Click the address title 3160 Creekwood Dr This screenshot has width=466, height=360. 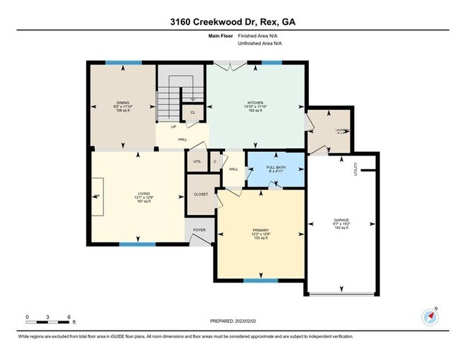coord(233,22)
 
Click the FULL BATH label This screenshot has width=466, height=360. coord(275,168)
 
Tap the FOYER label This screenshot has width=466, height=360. coord(199,230)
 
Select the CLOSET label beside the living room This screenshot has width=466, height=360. coord(200,194)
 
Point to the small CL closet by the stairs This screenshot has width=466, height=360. coord(193,113)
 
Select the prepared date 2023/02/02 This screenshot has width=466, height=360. coord(232,321)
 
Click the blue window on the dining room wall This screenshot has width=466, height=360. coord(118,63)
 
